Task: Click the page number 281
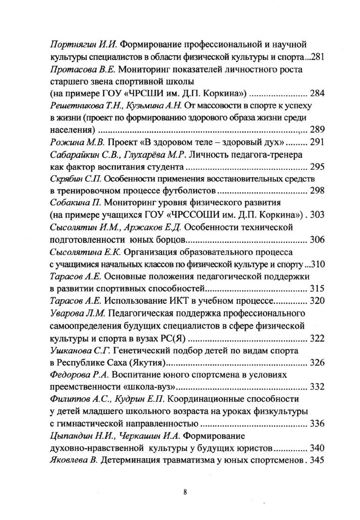[317, 57]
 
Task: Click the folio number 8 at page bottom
[186, 492]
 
